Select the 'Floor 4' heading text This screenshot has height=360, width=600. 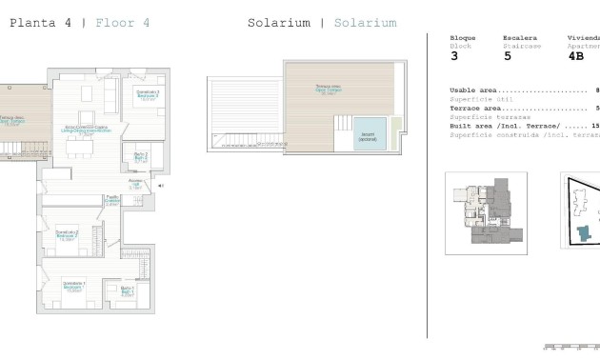click(x=122, y=22)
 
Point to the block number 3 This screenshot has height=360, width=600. click(x=453, y=56)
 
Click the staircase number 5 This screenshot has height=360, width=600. click(x=507, y=56)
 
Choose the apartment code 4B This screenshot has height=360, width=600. click(x=575, y=56)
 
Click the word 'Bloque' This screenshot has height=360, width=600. click(x=462, y=38)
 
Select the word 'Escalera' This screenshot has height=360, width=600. click(x=519, y=38)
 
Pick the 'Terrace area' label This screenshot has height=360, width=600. click(x=475, y=109)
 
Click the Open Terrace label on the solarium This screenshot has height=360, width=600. click(x=330, y=90)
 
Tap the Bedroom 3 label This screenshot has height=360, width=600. click(x=147, y=95)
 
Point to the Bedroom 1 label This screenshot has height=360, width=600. click(x=74, y=286)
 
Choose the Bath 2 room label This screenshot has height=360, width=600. click(x=140, y=157)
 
